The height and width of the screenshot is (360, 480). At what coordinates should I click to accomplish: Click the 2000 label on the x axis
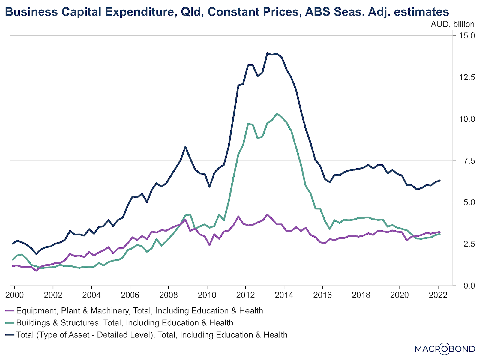(x=14, y=295)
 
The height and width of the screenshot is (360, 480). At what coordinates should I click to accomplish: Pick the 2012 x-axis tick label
(x=245, y=295)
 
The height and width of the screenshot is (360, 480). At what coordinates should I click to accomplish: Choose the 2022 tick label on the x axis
(x=438, y=295)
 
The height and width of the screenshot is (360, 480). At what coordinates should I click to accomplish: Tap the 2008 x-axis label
(x=169, y=295)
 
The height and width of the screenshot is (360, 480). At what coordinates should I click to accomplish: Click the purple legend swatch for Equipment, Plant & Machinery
(x=10, y=311)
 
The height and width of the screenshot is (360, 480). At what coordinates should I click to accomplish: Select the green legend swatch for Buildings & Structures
(x=10, y=323)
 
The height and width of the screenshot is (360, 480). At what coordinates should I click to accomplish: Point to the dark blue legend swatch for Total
(x=10, y=335)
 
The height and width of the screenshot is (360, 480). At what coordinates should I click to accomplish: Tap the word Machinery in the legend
(x=110, y=311)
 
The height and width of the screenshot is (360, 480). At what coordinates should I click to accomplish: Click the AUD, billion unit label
(x=452, y=24)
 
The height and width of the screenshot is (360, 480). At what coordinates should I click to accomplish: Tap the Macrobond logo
(x=445, y=349)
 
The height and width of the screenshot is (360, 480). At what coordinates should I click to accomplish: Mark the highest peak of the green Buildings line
(x=277, y=113)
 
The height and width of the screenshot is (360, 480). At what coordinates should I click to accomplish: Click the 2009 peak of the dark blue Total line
(x=185, y=147)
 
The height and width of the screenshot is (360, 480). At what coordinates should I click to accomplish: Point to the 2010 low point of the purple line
(x=209, y=245)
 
